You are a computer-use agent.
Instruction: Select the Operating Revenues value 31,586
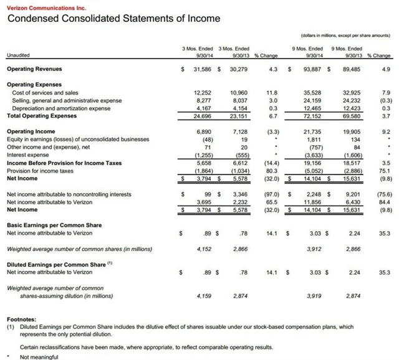pos(201,68)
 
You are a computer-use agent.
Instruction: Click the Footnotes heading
pos(21,318)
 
